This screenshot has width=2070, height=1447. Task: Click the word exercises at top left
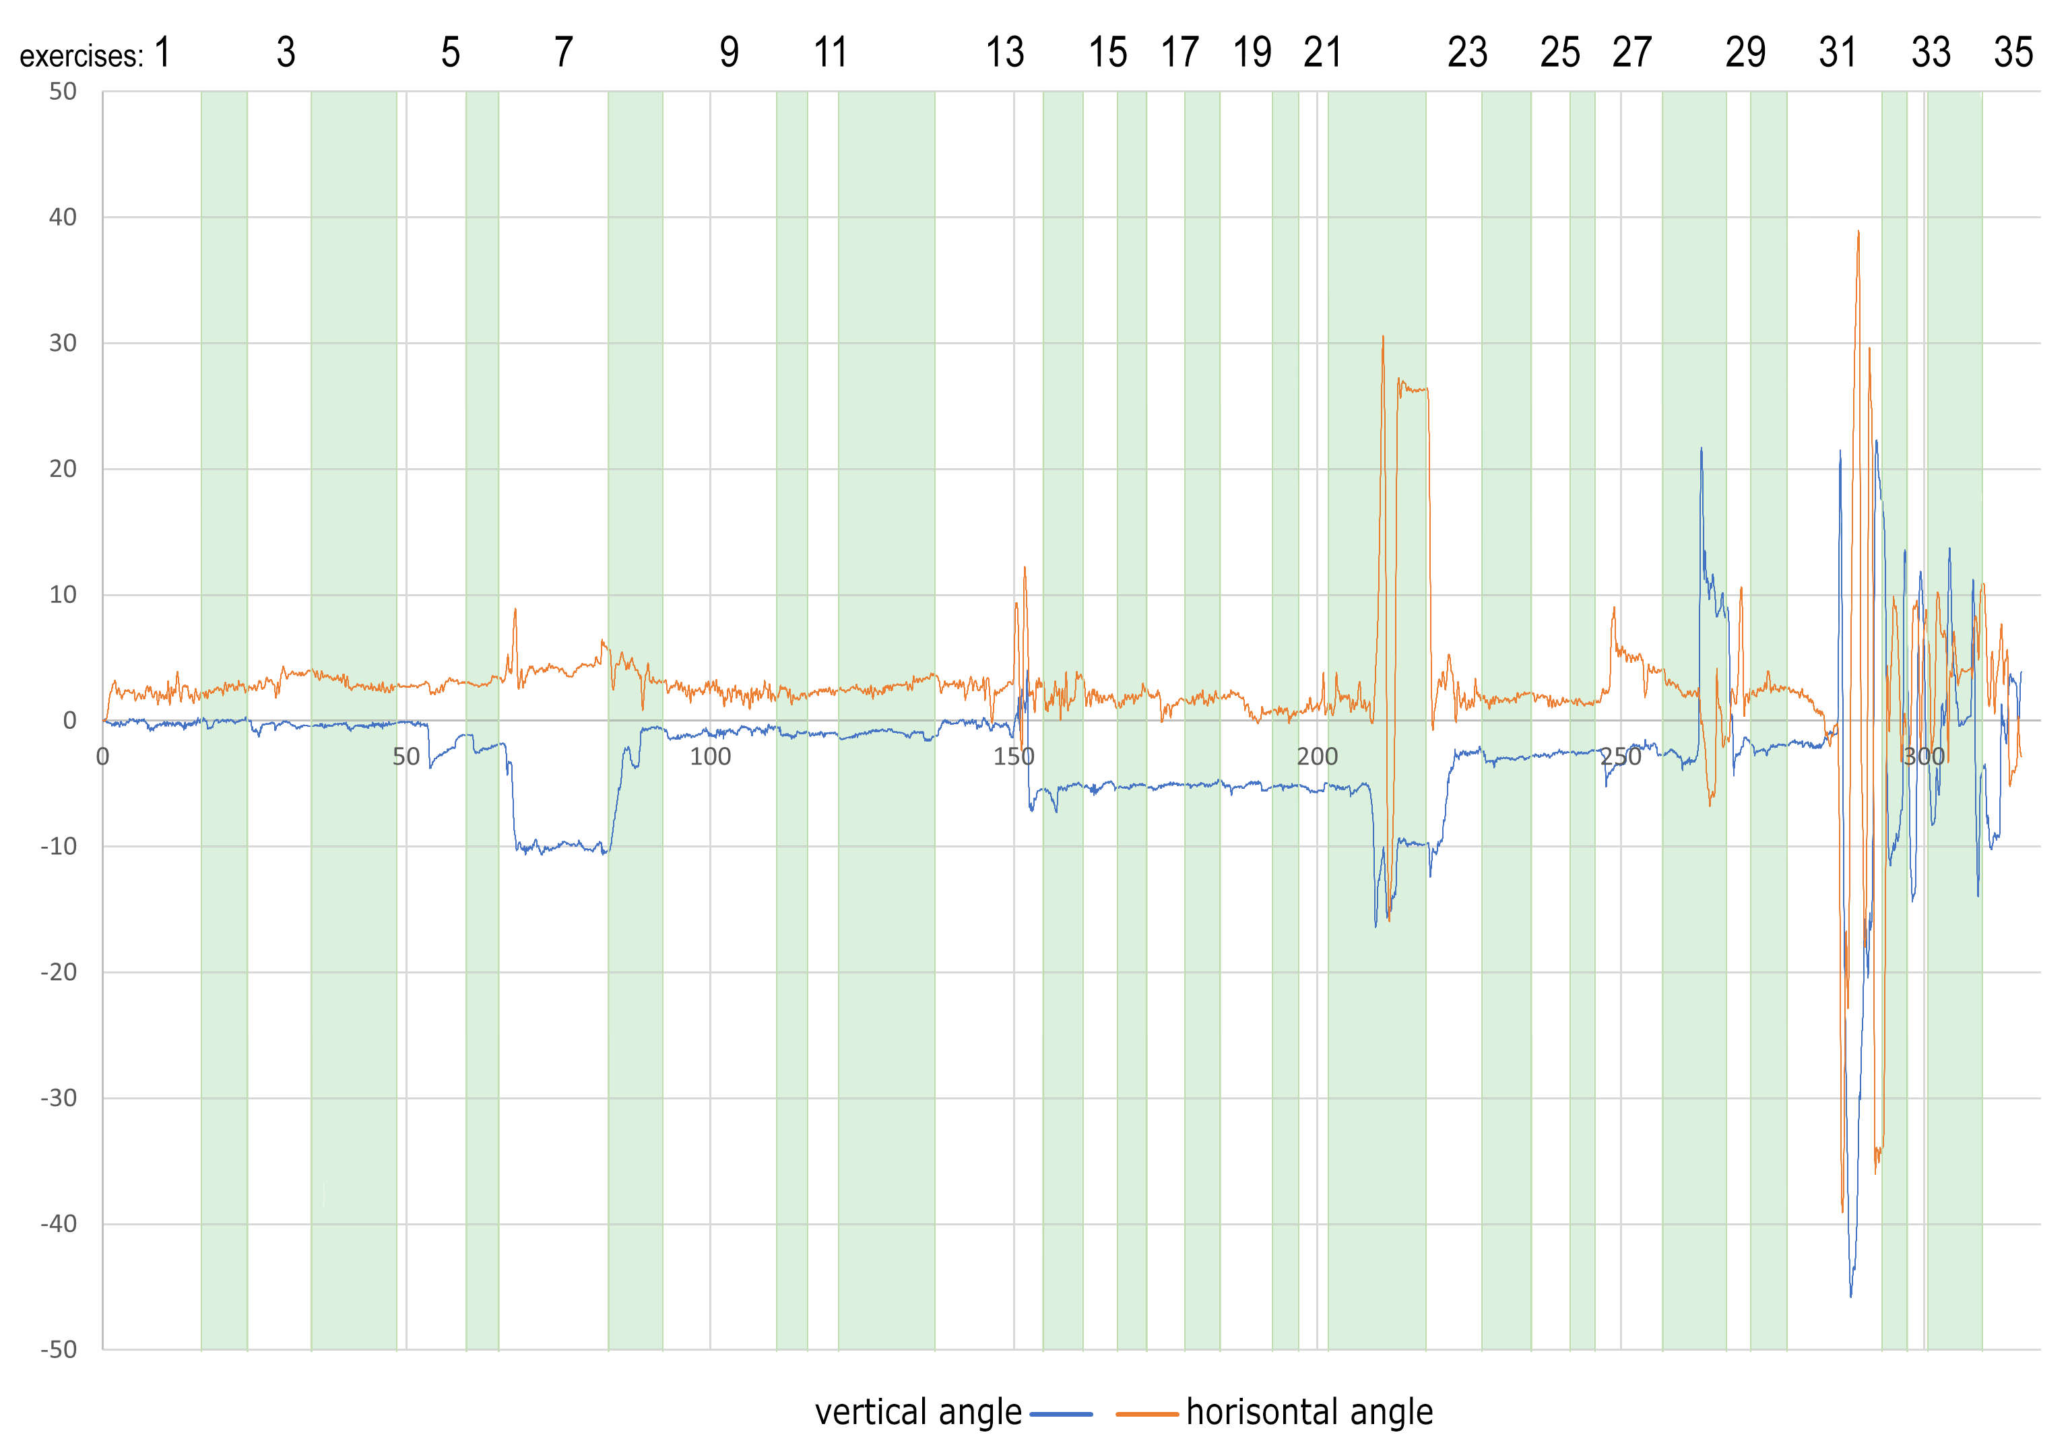[x=81, y=57]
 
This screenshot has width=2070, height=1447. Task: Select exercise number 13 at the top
[x=1004, y=53]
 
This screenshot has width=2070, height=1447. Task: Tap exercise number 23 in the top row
[x=1467, y=53]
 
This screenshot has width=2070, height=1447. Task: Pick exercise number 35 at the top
[x=2013, y=53]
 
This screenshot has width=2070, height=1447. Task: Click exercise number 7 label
[x=564, y=53]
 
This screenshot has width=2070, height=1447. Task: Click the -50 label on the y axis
[x=59, y=1349]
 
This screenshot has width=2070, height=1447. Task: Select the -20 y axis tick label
[x=59, y=972]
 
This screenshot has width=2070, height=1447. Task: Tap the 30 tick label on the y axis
[x=63, y=344]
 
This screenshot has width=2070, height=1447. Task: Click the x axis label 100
[x=711, y=757]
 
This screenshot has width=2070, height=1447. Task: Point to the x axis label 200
[x=1317, y=757]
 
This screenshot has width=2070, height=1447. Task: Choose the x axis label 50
[x=407, y=757]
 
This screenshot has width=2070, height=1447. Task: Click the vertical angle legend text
[x=918, y=1413]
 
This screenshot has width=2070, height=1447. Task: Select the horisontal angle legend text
[x=1309, y=1413]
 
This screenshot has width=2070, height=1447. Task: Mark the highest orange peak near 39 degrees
[x=1858, y=232]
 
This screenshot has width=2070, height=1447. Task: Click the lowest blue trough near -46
[x=1851, y=1295]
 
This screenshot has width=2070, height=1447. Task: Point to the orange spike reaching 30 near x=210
[x=1383, y=338]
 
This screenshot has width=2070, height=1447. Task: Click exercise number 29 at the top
[x=1745, y=53]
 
